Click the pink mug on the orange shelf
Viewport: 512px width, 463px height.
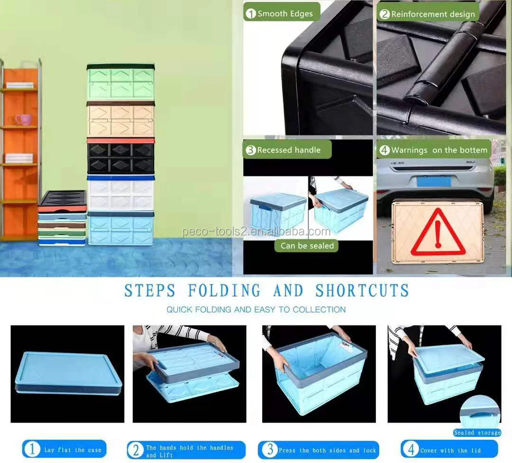[x=23, y=120]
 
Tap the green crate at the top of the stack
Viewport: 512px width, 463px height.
[x=121, y=82]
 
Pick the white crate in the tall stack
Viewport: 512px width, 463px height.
[x=121, y=193]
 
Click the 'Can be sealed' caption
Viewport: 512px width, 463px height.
[x=307, y=246]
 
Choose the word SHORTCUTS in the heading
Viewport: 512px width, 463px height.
[x=362, y=290]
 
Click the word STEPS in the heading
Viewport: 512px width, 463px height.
[x=150, y=290]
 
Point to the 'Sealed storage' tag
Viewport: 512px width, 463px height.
[x=477, y=433]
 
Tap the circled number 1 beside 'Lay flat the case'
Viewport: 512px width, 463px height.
[x=32, y=449]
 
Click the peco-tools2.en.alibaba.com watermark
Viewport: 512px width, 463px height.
[x=256, y=232]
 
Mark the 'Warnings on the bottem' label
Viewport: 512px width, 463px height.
[x=439, y=150]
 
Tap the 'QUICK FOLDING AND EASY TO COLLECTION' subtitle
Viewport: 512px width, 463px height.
[x=256, y=310]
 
